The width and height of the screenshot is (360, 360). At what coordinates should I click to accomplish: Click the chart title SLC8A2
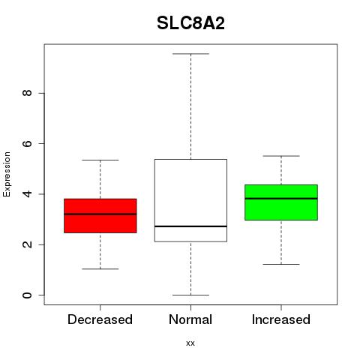[190, 23]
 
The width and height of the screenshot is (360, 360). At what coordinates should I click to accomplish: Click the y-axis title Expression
[7, 174]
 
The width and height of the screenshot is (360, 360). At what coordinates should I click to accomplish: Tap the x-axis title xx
[190, 343]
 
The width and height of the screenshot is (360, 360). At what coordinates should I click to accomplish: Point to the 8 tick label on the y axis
[27, 93]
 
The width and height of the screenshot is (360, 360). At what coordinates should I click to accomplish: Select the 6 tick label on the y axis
[27, 143]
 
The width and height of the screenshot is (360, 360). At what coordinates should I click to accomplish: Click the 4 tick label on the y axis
[27, 194]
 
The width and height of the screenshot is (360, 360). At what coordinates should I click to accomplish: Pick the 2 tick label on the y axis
[27, 244]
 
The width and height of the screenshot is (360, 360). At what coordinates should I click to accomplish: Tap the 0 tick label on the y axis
[27, 295]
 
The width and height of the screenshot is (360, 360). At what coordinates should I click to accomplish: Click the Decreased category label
[100, 319]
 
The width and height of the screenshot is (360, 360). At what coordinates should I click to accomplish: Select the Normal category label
[190, 319]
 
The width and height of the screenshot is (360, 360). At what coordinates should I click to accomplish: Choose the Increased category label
[281, 319]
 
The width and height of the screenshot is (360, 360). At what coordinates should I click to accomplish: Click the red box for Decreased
[100, 216]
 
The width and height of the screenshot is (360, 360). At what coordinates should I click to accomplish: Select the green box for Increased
[281, 202]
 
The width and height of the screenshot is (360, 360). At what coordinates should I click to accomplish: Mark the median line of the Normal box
[190, 226]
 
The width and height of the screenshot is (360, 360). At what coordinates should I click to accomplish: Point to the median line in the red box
[100, 214]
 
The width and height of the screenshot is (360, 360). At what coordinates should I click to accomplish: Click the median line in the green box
[281, 199]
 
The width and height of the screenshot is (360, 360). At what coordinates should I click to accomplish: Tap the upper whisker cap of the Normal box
[190, 54]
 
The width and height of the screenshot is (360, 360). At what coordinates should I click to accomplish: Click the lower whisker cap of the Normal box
[190, 295]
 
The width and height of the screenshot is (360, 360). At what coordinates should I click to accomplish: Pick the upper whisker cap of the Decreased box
[100, 160]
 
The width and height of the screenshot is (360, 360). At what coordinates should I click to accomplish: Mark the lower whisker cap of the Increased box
[281, 264]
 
